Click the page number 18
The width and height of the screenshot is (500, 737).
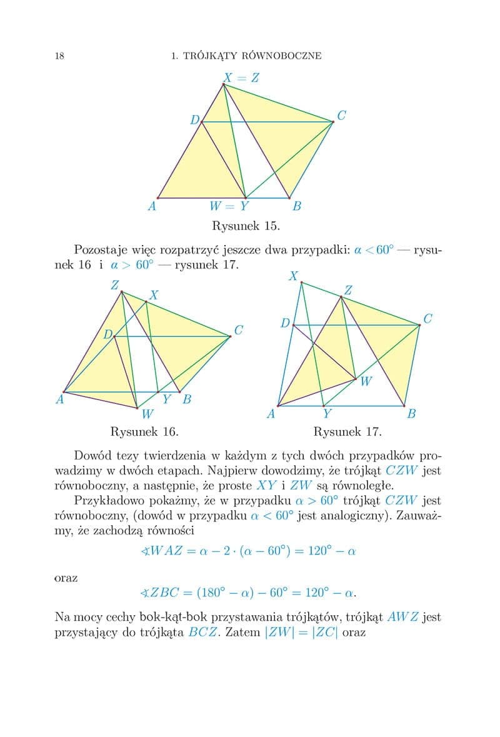pos(59,56)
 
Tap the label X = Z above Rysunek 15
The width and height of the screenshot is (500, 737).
pos(241,78)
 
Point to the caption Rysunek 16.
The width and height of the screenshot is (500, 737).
pos(144,431)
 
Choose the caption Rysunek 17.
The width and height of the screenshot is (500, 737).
pos(347,431)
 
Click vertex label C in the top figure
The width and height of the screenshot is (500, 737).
pos(341,116)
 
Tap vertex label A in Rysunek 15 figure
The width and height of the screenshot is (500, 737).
pos(151,206)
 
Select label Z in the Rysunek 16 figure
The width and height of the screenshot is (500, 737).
pos(115,285)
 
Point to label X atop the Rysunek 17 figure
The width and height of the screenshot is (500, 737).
pos(293,275)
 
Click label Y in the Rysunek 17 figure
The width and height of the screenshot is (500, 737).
pos(327,413)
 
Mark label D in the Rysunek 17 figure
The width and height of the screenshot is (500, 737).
pos(285,323)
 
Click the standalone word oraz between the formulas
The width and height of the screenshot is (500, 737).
pos(66,578)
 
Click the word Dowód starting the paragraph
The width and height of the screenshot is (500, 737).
pos(91,455)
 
